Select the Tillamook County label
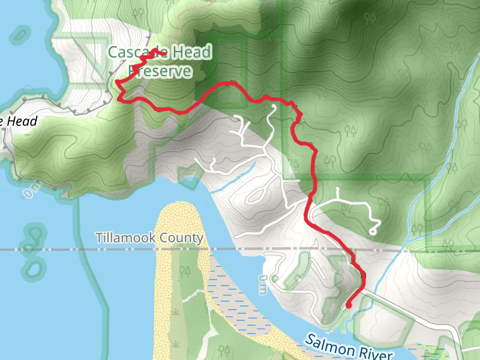click(x=149, y=238)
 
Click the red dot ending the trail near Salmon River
click(x=349, y=305)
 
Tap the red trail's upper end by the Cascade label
click(x=163, y=52)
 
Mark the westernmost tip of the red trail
click(x=116, y=82)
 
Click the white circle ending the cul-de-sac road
click(x=373, y=231)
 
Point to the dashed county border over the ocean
click(x=48, y=249)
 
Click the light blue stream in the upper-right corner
click(x=462, y=90)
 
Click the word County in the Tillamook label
click(x=182, y=238)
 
